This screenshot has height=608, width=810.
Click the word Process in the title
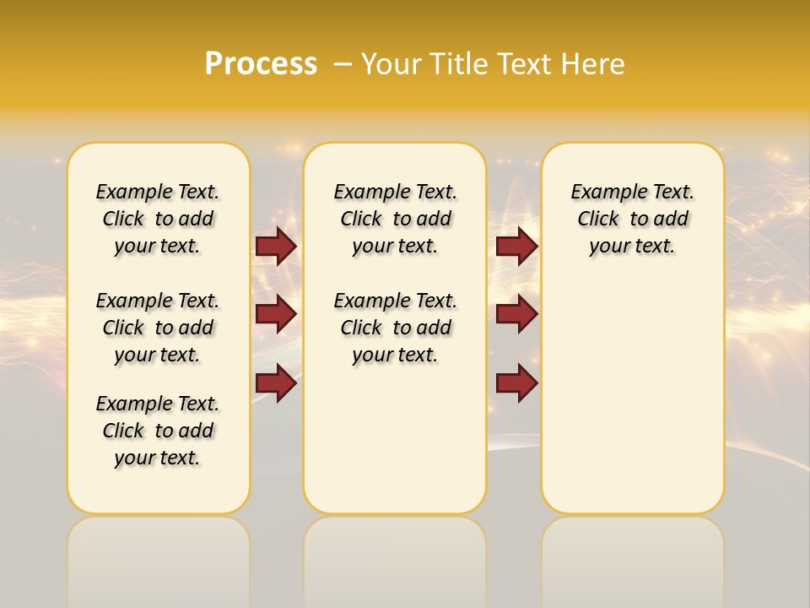tap(261, 64)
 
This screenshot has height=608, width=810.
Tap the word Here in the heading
tap(595, 64)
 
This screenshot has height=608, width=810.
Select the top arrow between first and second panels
tap(276, 246)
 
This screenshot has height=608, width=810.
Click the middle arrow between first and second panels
tap(276, 314)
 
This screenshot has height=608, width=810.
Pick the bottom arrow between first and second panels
tap(276, 383)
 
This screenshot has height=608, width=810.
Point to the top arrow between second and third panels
tap(516, 246)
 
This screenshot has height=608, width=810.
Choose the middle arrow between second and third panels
tap(516, 314)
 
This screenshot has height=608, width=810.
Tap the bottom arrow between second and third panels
tap(516, 383)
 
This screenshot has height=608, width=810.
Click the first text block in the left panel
tap(158, 219)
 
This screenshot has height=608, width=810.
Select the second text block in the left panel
tap(158, 328)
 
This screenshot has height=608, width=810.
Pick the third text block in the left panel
tap(158, 431)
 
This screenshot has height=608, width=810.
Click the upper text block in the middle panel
tap(396, 219)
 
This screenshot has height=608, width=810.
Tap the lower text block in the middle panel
tap(396, 328)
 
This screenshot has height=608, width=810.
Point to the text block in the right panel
tap(633, 219)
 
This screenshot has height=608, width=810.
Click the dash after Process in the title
tap(343, 64)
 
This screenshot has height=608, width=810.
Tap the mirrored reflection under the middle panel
tap(395, 557)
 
